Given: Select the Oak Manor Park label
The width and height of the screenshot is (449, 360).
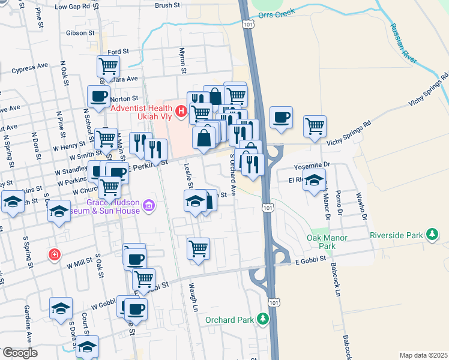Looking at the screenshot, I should point(327,242).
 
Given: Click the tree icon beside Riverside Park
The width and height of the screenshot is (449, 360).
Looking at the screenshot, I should point(432,235).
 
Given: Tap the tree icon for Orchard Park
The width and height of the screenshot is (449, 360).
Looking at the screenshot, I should point(262,319).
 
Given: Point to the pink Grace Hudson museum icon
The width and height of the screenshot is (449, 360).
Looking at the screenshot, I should point(149,206).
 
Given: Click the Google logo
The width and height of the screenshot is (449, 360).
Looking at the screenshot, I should point(20,353).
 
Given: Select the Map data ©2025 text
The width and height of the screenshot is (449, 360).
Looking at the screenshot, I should point(423,355).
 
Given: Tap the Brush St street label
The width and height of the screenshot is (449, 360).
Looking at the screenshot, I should point(167,5).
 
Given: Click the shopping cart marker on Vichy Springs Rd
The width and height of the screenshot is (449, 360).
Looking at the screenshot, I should point(315,126).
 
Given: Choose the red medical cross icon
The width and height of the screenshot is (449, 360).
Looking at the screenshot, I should point(54,255).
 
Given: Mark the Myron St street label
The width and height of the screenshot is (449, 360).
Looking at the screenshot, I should point(182,62).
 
